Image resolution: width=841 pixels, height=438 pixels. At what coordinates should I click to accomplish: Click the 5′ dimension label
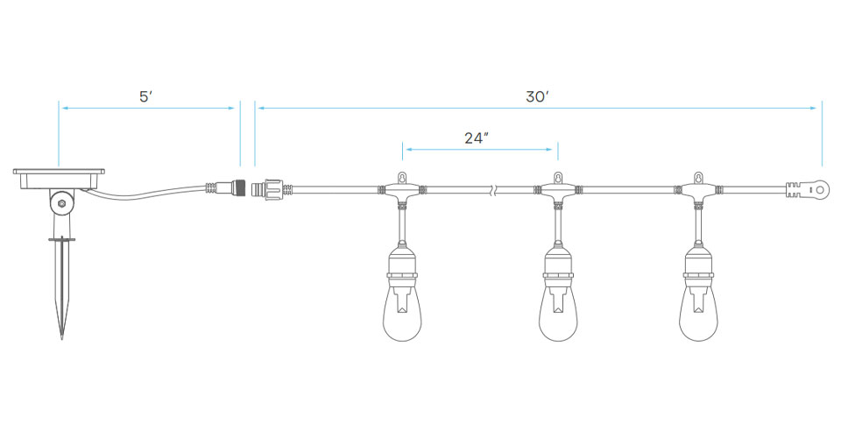146,97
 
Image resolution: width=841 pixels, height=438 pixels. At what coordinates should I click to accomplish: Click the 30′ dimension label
537,97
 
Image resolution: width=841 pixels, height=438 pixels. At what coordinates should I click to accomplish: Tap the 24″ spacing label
477,138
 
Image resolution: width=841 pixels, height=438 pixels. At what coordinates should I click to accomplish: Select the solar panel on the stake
59,179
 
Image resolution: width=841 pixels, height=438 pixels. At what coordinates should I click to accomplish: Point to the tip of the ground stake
61,338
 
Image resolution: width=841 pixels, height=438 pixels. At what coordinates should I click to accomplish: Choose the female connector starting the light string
268,189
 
